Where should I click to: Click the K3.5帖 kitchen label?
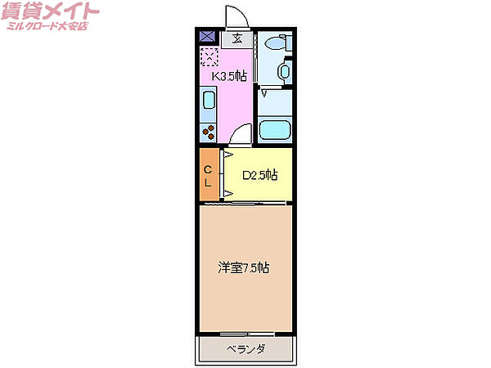click(230, 76)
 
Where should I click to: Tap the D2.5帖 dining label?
click(259, 174)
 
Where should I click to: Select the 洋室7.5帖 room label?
click(244, 267)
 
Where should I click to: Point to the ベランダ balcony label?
click(245, 349)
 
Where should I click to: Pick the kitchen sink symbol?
click(208, 104)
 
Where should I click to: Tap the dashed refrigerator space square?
click(209, 56)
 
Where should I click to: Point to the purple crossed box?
click(207, 36)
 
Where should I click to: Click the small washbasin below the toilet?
click(284, 71)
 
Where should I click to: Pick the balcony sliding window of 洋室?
click(245, 332)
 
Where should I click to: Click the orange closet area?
click(209, 174)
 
